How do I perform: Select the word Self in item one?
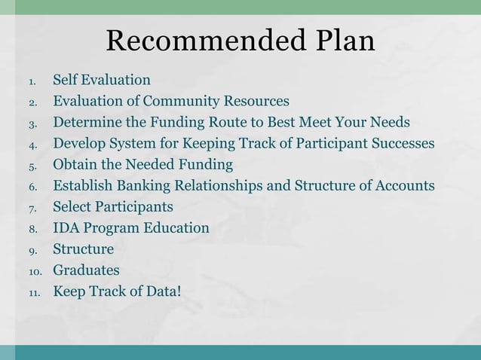(x=64, y=80)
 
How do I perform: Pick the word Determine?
(x=84, y=122)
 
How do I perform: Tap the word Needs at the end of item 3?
(x=390, y=122)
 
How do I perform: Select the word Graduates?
(x=85, y=270)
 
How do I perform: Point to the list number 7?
(x=32, y=207)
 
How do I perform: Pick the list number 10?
(x=35, y=270)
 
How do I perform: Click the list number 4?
(x=32, y=144)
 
